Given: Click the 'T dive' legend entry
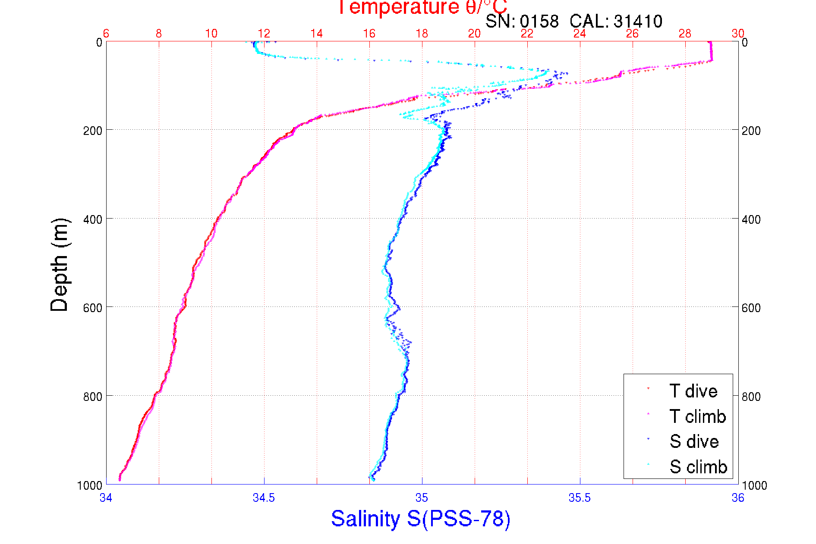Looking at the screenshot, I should point(693,391).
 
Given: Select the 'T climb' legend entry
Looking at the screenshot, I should point(697,416).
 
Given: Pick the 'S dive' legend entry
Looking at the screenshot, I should point(694,441).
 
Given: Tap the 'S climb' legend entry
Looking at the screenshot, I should point(698,467).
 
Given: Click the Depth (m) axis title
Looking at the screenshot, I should point(60,265).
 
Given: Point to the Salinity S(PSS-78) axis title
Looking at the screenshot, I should point(421,519).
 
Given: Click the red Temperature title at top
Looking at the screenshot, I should point(422,7).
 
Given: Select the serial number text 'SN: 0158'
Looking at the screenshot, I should point(522,21).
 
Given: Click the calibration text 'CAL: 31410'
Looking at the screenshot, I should point(616,21).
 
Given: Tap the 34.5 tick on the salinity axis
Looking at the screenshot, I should point(264,498).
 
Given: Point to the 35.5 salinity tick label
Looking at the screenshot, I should point(580,498).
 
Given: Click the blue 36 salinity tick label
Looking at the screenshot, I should point(737,498).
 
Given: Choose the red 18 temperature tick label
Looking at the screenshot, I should point(422,34).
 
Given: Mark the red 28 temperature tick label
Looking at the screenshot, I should point(685,34).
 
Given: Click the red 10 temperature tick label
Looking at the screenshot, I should point(211,34).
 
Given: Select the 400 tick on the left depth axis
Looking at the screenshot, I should point(92,219).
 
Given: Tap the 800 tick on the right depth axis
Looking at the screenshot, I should point(751,397).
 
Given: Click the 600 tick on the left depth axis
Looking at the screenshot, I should point(92,308).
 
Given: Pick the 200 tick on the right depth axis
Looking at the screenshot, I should point(751,131).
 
